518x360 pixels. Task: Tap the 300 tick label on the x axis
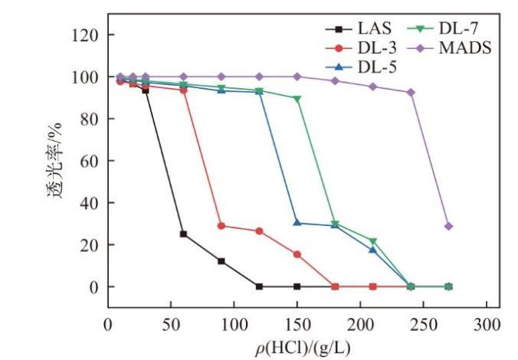[x=487, y=325]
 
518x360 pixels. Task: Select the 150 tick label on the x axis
[x=297, y=325]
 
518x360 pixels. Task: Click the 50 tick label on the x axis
[x=170, y=325]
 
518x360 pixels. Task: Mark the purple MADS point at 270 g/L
[x=448, y=226]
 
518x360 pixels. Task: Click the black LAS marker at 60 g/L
[x=183, y=234]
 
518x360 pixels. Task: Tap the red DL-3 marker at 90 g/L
[x=221, y=226]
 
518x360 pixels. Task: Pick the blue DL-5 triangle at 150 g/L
[x=297, y=223]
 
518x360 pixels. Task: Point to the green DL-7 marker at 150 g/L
[x=297, y=99]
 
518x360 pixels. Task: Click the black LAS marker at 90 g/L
[x=221, y=261]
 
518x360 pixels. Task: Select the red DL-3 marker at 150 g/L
[x=297, y=254]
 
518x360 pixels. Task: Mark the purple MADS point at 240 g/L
[x=411, y=93]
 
